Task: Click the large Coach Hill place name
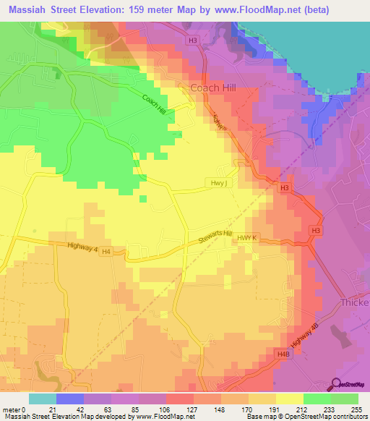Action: [x=214, y=88]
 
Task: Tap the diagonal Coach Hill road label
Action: [x=154, y=105]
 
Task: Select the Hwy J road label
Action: [x=220, y=183]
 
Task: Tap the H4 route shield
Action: [x=106, y=251]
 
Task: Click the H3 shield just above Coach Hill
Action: [x=192, y=41]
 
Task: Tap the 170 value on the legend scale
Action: [x=247, y=409]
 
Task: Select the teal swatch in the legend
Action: [x=43, y=399]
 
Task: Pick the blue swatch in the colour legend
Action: [x=70, y=399]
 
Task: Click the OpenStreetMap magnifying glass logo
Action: [x=336, y=385]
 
